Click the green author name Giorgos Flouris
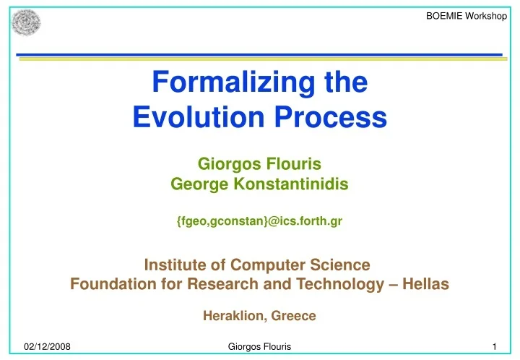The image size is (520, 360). pyautogui.click(x=259, y=164)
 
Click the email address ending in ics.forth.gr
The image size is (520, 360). pyautogui.click(x=259, y=222)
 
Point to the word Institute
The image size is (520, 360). pyautogui.click(x=176, y=265)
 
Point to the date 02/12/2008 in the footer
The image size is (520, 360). pyautogui.click(x=47, y=348)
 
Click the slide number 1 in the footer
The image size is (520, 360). pyautogui.click(x=492, y=348)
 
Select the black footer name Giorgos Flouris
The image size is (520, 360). pyautogui.click(x=259, y=348)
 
